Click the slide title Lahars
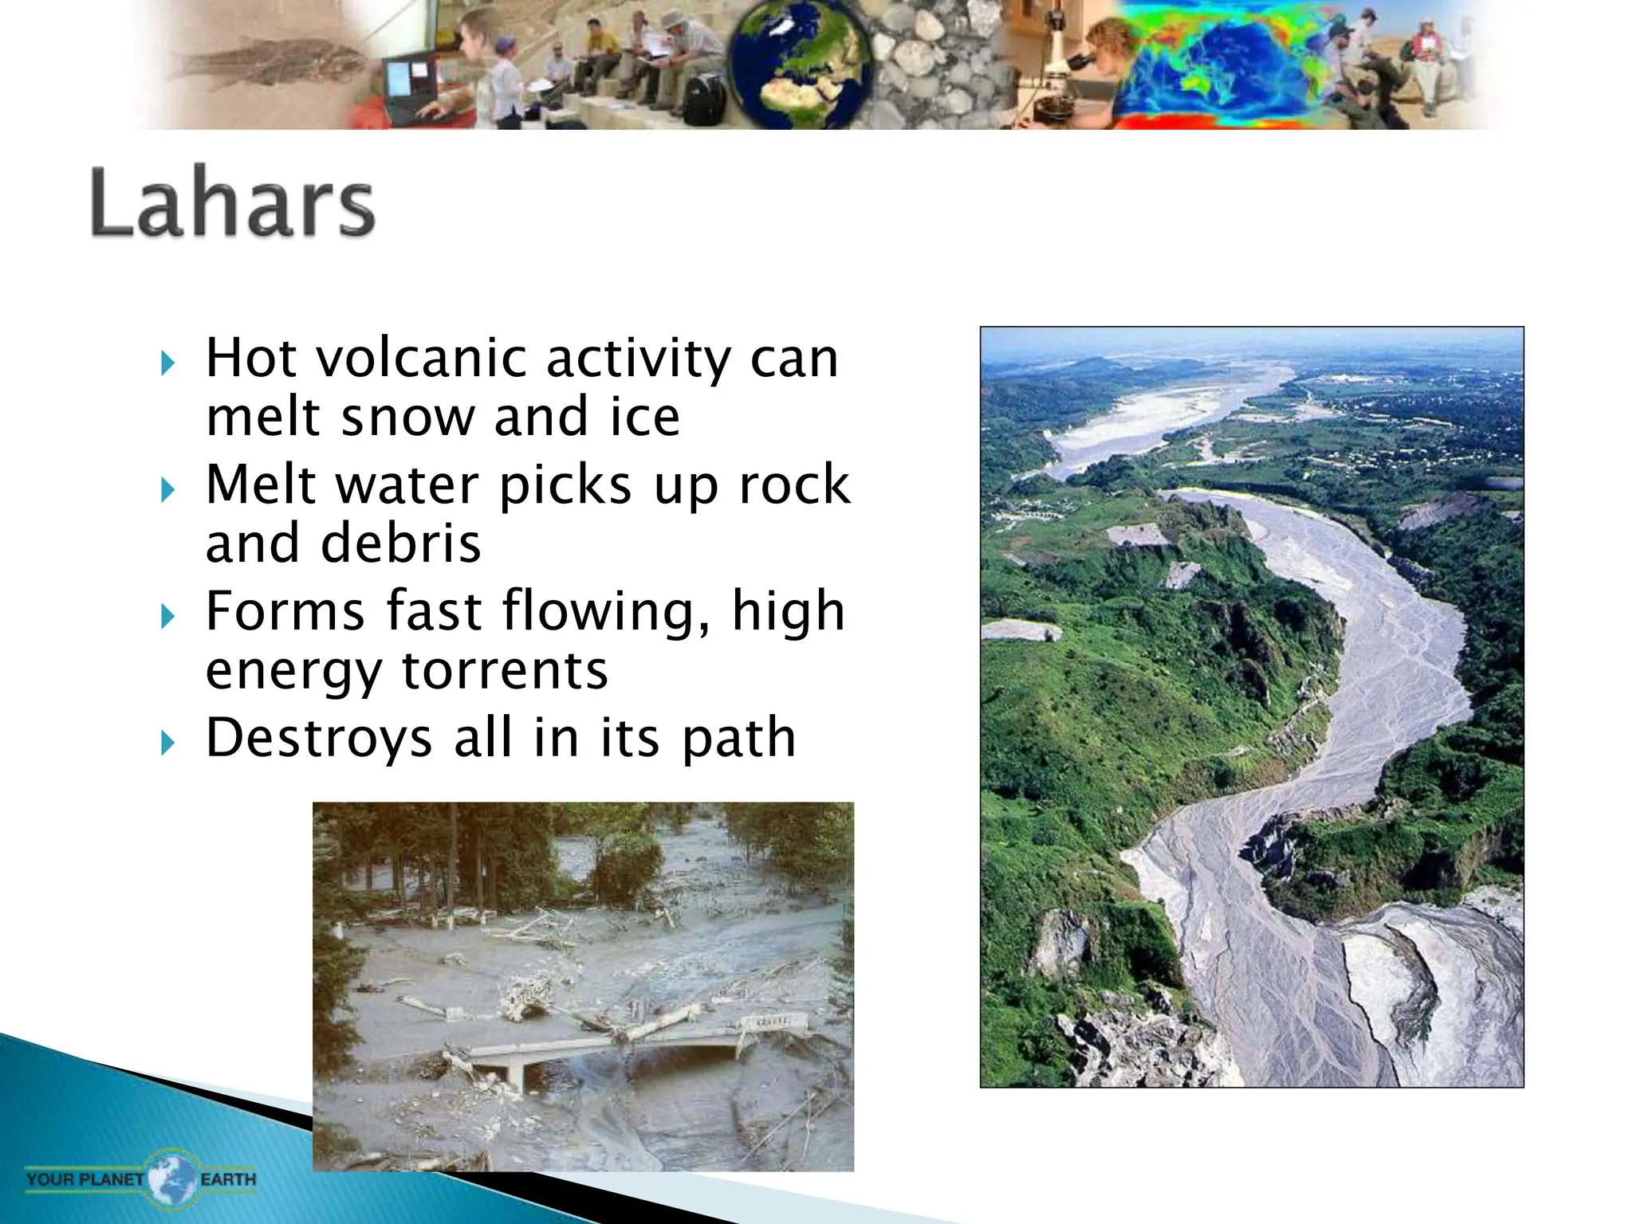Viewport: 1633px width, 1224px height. [232, 203]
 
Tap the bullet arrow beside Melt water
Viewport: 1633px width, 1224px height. [167, 489]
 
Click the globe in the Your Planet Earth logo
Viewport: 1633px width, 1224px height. [172, 1178]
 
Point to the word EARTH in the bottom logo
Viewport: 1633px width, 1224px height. [228, 1179]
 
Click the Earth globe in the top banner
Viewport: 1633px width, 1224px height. [798, 64]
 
